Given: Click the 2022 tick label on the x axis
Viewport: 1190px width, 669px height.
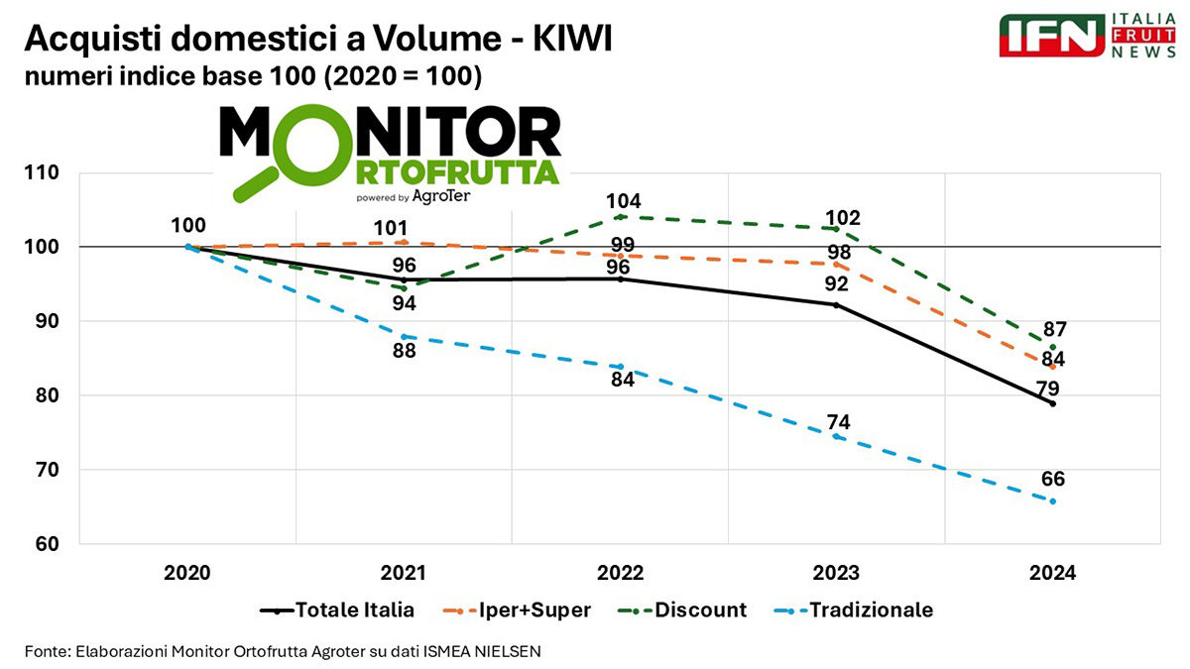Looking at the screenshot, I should point(620,573).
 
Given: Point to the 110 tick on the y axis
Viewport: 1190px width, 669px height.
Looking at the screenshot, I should point(44,172).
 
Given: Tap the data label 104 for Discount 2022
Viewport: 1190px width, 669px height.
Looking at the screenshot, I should point(621,201).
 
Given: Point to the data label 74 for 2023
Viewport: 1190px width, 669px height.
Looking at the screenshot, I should point(838,421).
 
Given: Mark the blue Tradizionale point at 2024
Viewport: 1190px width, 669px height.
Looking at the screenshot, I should point(1052,502).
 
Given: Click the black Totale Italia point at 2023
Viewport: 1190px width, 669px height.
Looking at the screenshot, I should point(836,304).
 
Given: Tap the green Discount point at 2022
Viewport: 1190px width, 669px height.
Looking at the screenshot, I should point(620,216).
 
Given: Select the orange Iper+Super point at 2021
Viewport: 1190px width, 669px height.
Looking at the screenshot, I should point(405,243).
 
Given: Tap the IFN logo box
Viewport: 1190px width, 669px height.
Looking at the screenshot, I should point(1052,36).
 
